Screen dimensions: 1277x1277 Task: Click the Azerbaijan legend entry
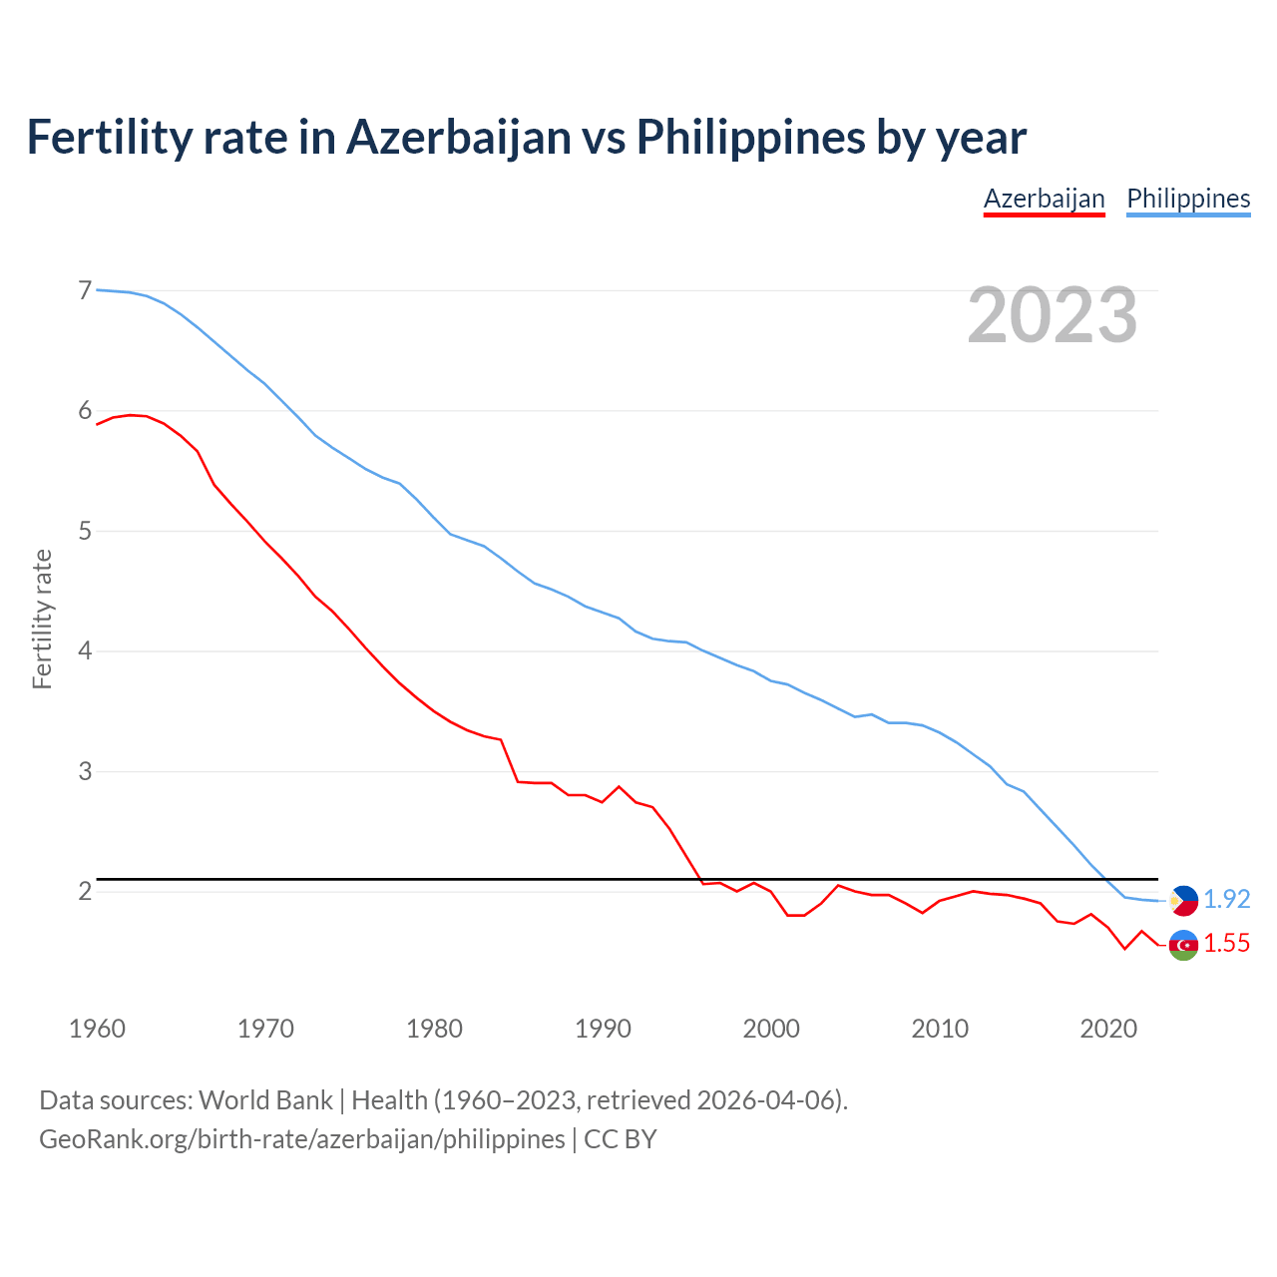click(x=1044, y=199)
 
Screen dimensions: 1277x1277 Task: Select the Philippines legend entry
click(x=1188, y=199)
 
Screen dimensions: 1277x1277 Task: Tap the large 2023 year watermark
click(x=1053, y=315)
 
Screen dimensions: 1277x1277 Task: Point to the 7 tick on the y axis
click(x=85, y=290)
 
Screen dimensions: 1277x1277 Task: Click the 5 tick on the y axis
click(x=85, y=531)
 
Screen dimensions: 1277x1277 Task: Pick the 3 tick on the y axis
click(x=85, y=771)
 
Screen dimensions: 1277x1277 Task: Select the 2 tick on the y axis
click(x=85, y=891)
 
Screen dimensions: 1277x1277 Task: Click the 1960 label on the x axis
click(x=97, y=1029)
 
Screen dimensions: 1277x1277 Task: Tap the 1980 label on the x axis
click(x=434, y=1029)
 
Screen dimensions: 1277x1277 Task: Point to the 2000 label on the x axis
click(x=771, y=1029)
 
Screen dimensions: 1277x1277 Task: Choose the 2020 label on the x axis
click(x=1108, y=1029)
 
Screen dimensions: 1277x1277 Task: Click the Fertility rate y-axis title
click(x=42, y=619)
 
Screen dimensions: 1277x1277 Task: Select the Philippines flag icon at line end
click(x=1183, y=900)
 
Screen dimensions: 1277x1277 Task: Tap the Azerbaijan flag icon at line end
click(x=1183, y=944)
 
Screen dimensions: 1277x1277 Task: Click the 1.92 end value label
click(x=1226, y=899)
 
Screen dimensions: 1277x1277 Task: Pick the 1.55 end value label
click(x=1226, y=944)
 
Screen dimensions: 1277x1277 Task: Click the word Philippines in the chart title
click(x=750, y=138)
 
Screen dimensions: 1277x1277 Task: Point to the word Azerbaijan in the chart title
click(x=458, y=138)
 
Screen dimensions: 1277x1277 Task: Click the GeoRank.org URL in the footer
click(x=301, y=1139)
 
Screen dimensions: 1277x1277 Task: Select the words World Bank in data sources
click(x=265, y=1100)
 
